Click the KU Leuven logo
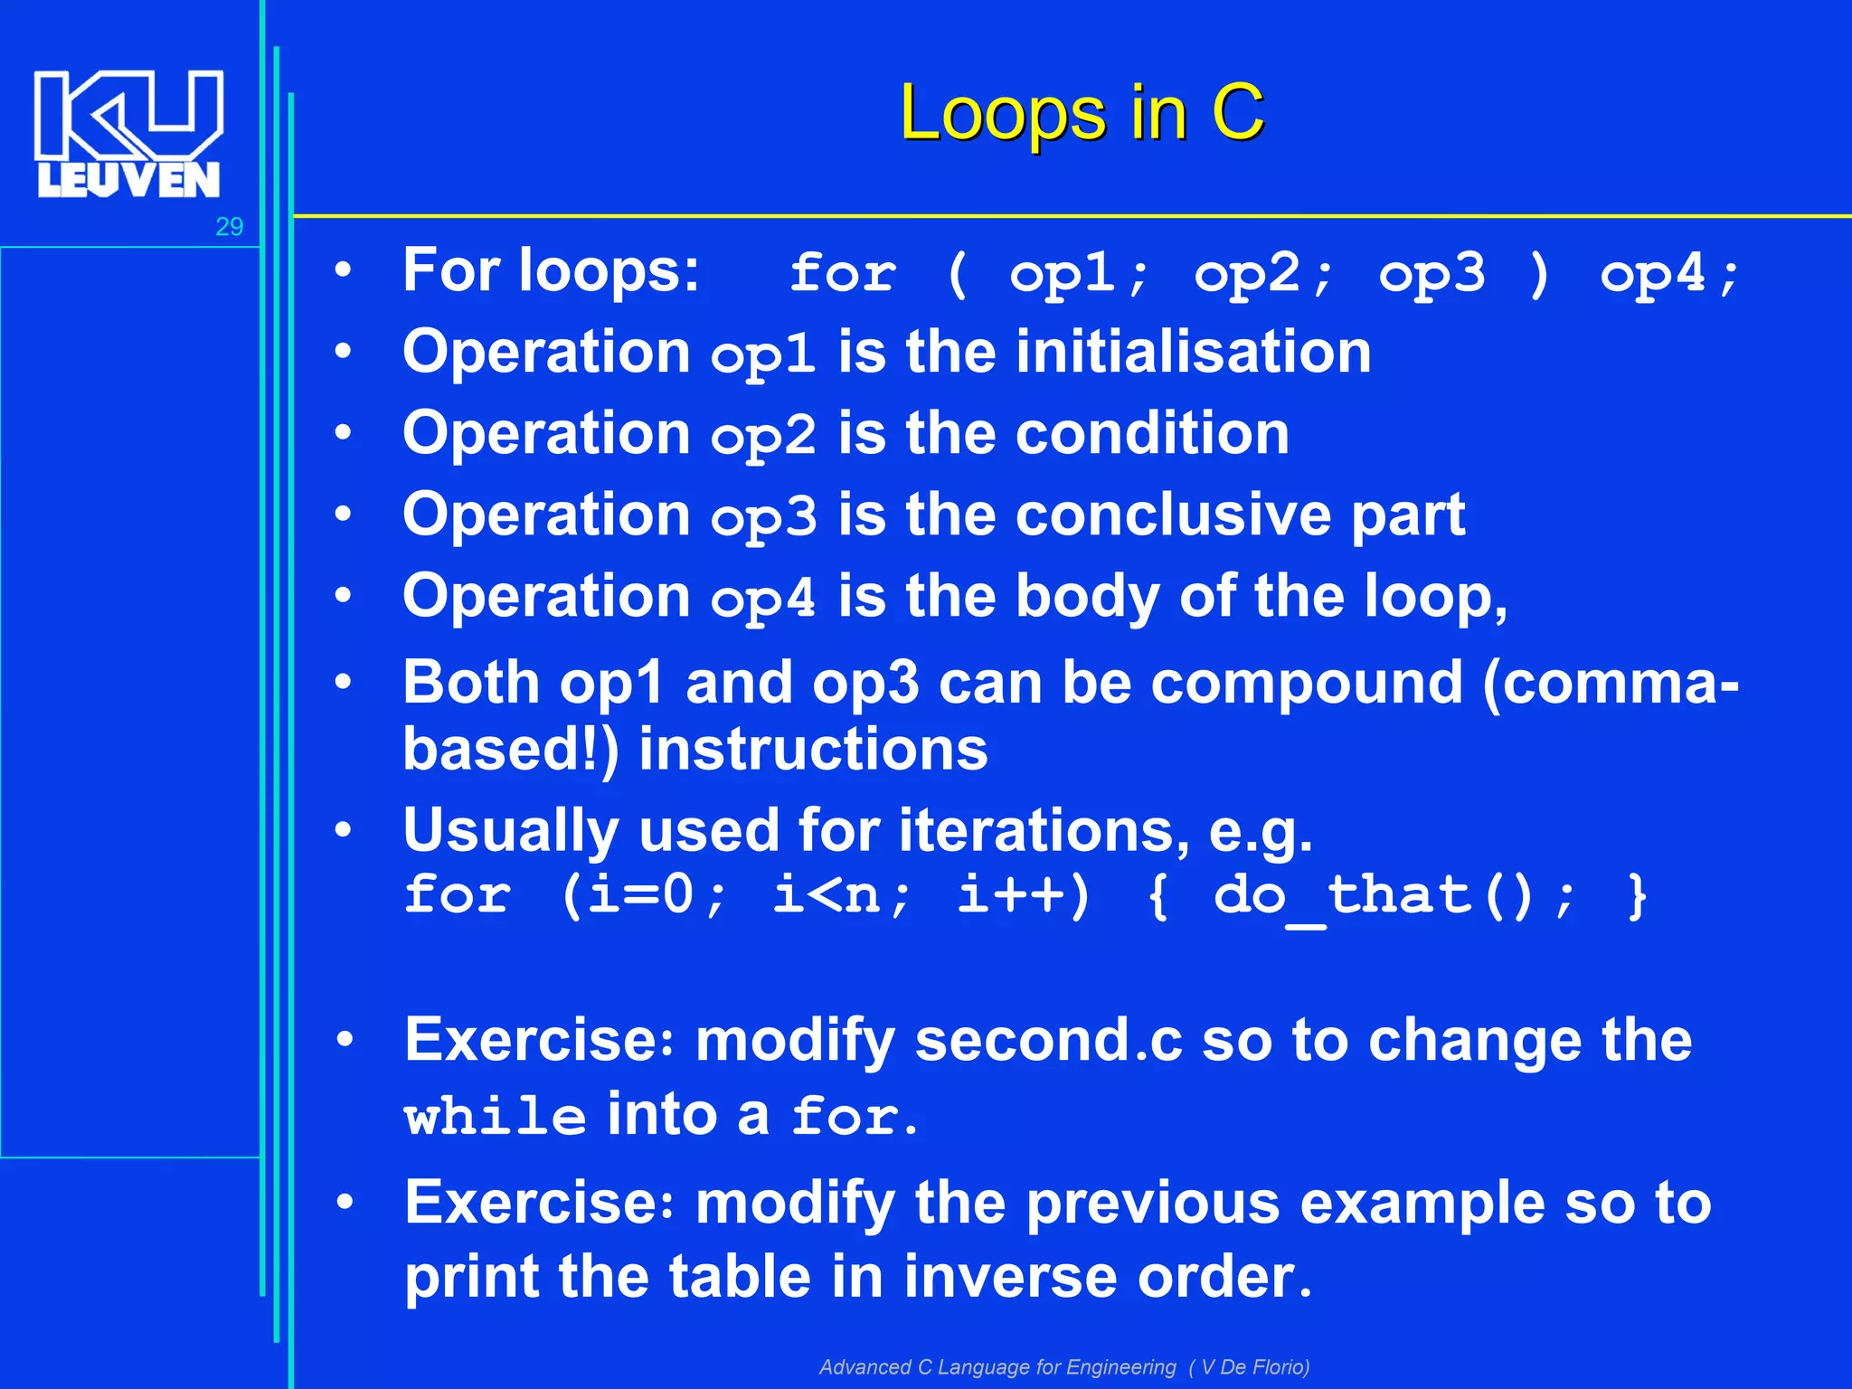click(128, 134)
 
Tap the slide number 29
click(229, 227)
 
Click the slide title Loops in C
click(1082, 113)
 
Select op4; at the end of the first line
click(1668, 273)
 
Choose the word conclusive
click(1173, 515)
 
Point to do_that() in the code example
click(1373, 897)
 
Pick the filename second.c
click(1048, 1040)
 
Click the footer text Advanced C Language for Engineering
click(997, 1366)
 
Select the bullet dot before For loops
click(343, 270)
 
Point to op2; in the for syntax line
click(1263, 273)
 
